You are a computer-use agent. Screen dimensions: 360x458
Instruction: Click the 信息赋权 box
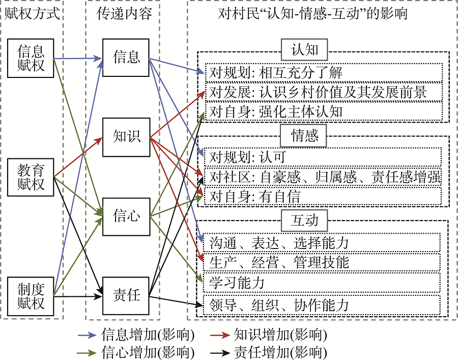point(31,59)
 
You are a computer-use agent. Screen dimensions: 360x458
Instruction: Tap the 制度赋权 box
point(31,296)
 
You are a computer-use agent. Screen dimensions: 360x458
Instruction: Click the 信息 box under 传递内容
point(126,57)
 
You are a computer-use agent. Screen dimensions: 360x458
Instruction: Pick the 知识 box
point(126,136)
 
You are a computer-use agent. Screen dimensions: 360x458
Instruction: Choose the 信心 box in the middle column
point(126,216)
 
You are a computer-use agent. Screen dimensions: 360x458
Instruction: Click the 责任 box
point(126,295)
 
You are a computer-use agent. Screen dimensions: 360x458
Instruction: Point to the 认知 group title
point(305,50)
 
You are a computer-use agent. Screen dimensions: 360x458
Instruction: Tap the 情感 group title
point(305,135)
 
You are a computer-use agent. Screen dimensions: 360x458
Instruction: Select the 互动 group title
point(305,219)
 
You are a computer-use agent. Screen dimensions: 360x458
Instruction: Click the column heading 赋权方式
point(32,14)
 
